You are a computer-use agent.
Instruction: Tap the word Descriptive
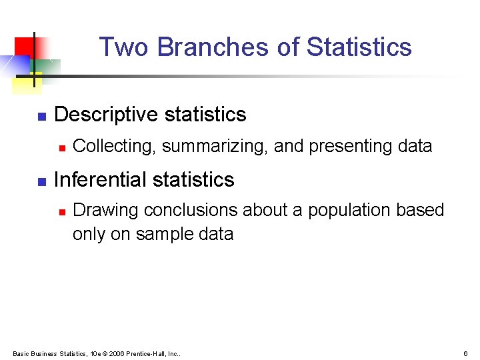click(106, 115)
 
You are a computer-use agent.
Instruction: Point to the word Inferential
click(100, 180)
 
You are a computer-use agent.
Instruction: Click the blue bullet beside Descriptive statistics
click(41, 117)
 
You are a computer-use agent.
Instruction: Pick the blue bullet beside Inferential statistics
click(41, 181)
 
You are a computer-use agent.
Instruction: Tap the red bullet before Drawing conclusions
click(61, 211)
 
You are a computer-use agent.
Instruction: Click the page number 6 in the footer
click(465, 353)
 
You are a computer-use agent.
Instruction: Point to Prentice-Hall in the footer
click(146, 353)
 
